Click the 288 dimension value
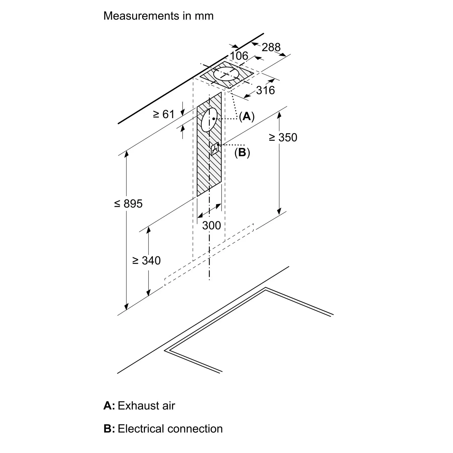point(271,47)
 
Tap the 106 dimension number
point(239,56)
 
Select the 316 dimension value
point(266,90)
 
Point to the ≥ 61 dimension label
point(164,115)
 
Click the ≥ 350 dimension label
point(283,137)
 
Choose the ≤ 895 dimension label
point(128,203)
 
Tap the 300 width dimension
point(211,225)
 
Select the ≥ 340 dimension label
point(146,260)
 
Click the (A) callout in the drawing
point(247,116)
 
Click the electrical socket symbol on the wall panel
point(215,149)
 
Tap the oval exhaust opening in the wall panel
point(209,120)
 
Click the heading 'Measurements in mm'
point(158,16)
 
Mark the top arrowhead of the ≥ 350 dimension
point(279,115)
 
